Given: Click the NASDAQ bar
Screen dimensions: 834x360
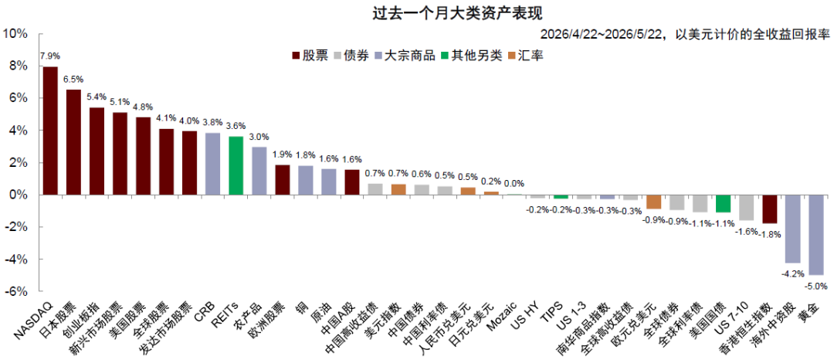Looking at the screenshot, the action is click(x=50, y=131).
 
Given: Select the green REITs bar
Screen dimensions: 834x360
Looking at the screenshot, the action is click(x=236, y=166).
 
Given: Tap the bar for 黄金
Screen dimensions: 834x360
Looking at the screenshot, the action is click(x=816, y=235).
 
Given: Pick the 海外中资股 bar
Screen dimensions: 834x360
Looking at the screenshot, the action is click(x=793, y=229).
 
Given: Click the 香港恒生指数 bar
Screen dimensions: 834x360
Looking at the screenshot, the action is click(x=770, y=209).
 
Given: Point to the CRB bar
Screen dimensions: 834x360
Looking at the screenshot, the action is click(x=213, y=164).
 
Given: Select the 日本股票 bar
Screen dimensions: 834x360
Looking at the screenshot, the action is click(x=73, y=142).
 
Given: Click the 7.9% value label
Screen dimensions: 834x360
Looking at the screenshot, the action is click(x=50, y=56).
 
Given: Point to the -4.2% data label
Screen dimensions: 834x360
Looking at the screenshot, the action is click(x=793, y=273).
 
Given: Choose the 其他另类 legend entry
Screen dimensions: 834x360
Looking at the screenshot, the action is click(x=471, y=56).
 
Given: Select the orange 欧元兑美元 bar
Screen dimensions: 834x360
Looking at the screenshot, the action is click(x=654, y=202).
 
